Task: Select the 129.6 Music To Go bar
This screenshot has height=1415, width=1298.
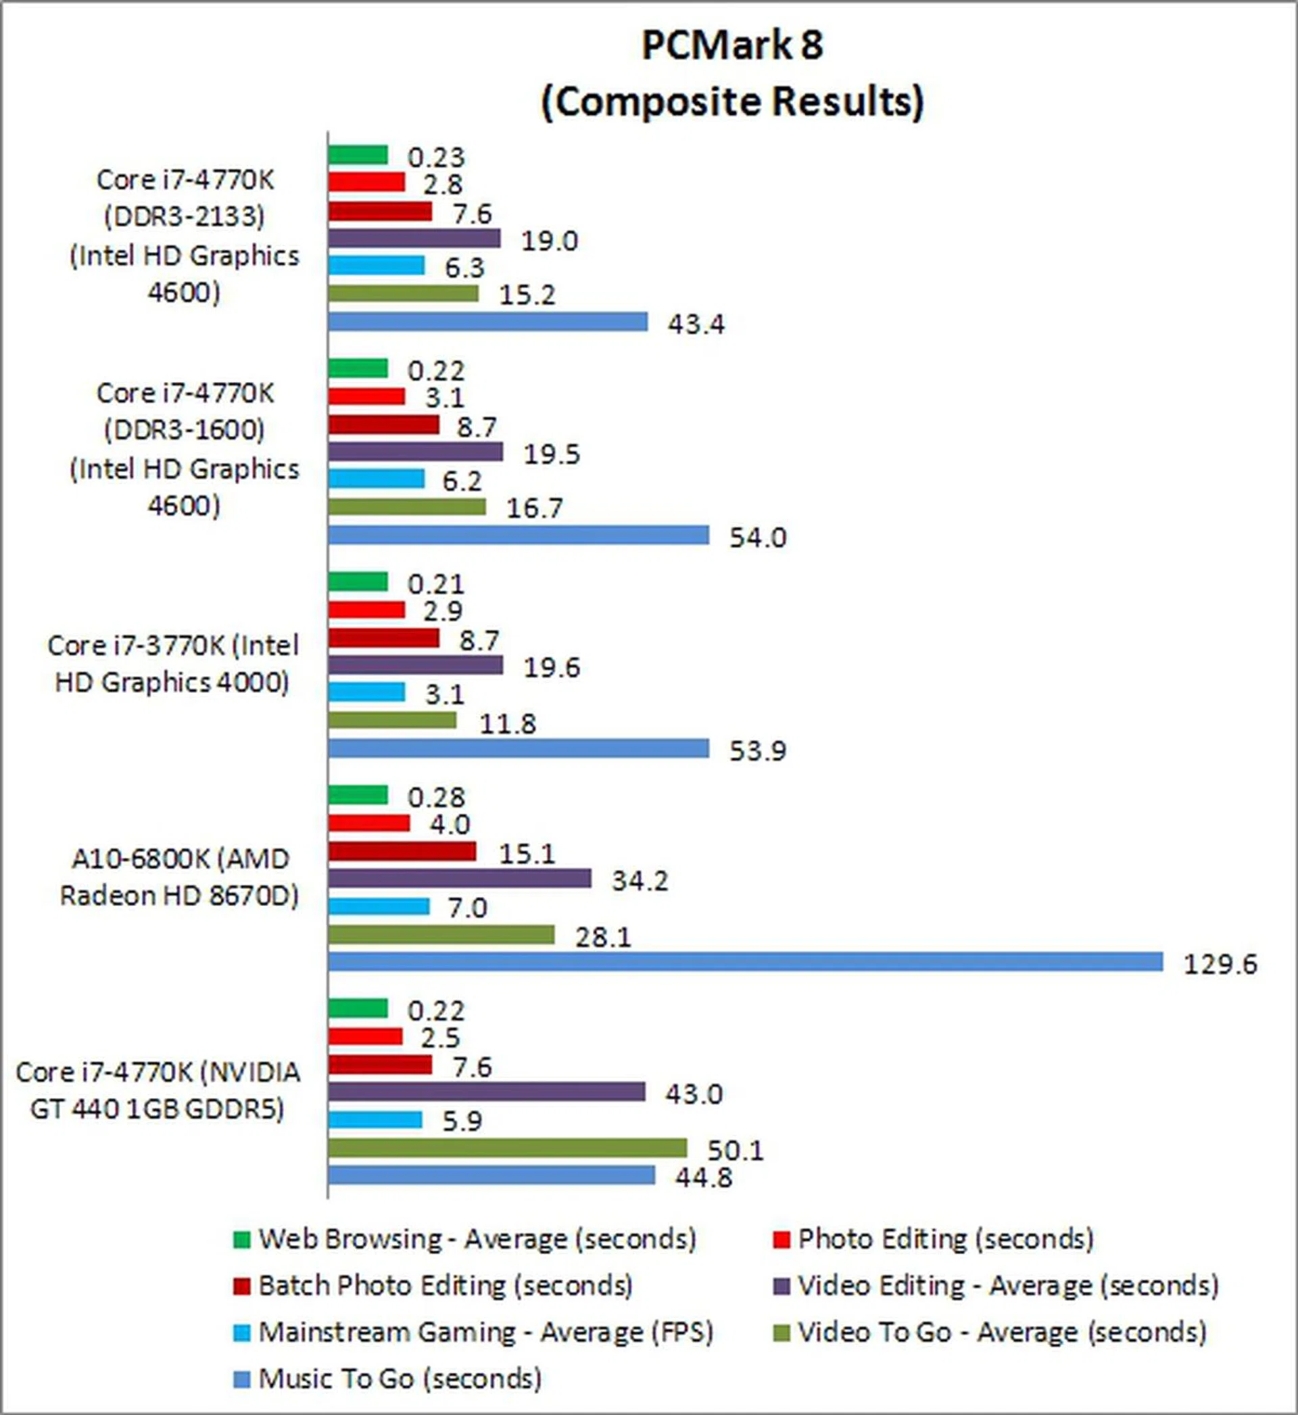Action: (745, 961)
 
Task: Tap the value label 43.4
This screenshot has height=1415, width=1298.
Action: (696, 324)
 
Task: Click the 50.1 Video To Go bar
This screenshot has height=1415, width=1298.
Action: (507, 1148)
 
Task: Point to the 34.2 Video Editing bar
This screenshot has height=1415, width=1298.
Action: (459, 878)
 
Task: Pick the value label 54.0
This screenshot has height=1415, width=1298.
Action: (757, 537)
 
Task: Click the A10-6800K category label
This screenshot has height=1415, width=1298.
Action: (179, 877)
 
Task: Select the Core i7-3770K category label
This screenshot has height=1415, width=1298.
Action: (172, 664)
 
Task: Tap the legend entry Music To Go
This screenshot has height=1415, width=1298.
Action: (400, 1378)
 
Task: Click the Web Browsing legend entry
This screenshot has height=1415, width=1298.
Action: (477, 1238)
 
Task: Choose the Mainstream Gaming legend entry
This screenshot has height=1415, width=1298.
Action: (485, 1332)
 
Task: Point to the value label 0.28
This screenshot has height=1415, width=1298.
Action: (435, 797)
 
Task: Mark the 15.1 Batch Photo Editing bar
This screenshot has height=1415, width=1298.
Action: (402, 852)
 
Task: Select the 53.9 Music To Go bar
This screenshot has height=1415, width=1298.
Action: (519, 748)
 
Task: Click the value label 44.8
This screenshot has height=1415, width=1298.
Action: (703, 1176)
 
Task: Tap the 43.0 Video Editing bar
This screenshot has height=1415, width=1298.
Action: (486, 1091)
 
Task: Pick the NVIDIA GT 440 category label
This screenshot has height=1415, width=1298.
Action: (158, 1090)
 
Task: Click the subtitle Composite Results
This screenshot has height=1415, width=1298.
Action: (732, 102)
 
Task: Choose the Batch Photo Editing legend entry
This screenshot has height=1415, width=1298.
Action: (445, 1285)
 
